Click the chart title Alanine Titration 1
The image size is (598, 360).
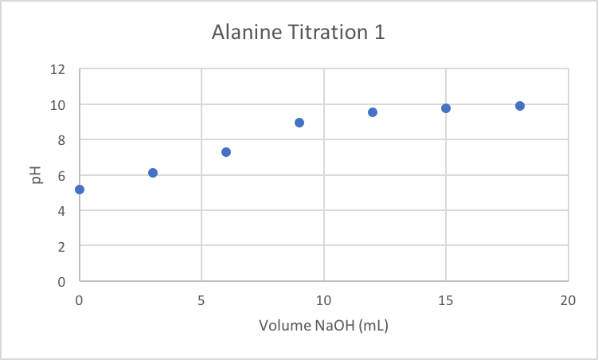pos(299,33)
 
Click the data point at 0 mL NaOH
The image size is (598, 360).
pos(80,190)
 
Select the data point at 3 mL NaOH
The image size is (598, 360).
pos(153,173)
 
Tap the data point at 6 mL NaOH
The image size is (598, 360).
pos(226,152)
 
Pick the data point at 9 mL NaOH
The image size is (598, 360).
pos(299,123)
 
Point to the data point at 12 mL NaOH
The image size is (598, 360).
pos(373,112)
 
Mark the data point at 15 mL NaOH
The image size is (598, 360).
pos(446,108)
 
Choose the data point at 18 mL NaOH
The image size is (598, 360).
pos(520,106)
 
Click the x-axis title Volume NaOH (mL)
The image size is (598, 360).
pos(323,326)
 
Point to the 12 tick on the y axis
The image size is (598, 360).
pos(57,69)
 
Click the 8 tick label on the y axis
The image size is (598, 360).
pos(60,140)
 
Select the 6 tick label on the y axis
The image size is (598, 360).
pos(60,175)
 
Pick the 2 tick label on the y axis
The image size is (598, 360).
pos(60,246)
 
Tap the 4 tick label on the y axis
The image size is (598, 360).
pos(60,211)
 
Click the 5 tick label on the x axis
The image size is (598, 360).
pos(201,299)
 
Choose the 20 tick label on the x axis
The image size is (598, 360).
pos(568,299)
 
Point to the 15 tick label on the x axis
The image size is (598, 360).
pos(446,299)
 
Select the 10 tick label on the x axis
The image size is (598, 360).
pos(323,299)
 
